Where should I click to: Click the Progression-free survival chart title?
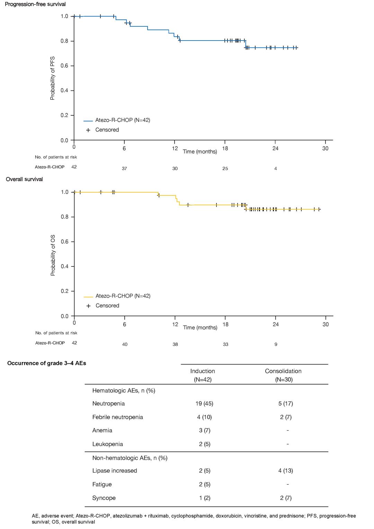35,4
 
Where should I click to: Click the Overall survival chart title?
24,179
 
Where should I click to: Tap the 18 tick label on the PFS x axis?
225,148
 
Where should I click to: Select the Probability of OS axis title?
53,255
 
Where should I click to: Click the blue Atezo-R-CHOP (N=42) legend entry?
117,120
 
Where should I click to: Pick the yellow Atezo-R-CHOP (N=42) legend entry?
117,296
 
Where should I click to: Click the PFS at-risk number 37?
124,169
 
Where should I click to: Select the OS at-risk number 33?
225,344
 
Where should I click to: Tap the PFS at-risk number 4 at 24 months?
276,169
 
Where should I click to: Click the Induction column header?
203,371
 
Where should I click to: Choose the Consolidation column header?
283,371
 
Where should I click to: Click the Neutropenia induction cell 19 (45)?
204,403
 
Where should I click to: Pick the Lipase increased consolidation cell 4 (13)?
286,470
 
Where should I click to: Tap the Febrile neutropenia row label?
118,417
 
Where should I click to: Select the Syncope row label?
104,498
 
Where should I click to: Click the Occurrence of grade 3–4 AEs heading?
46,363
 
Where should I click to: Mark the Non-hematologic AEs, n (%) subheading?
130,458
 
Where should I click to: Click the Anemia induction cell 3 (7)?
204,430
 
